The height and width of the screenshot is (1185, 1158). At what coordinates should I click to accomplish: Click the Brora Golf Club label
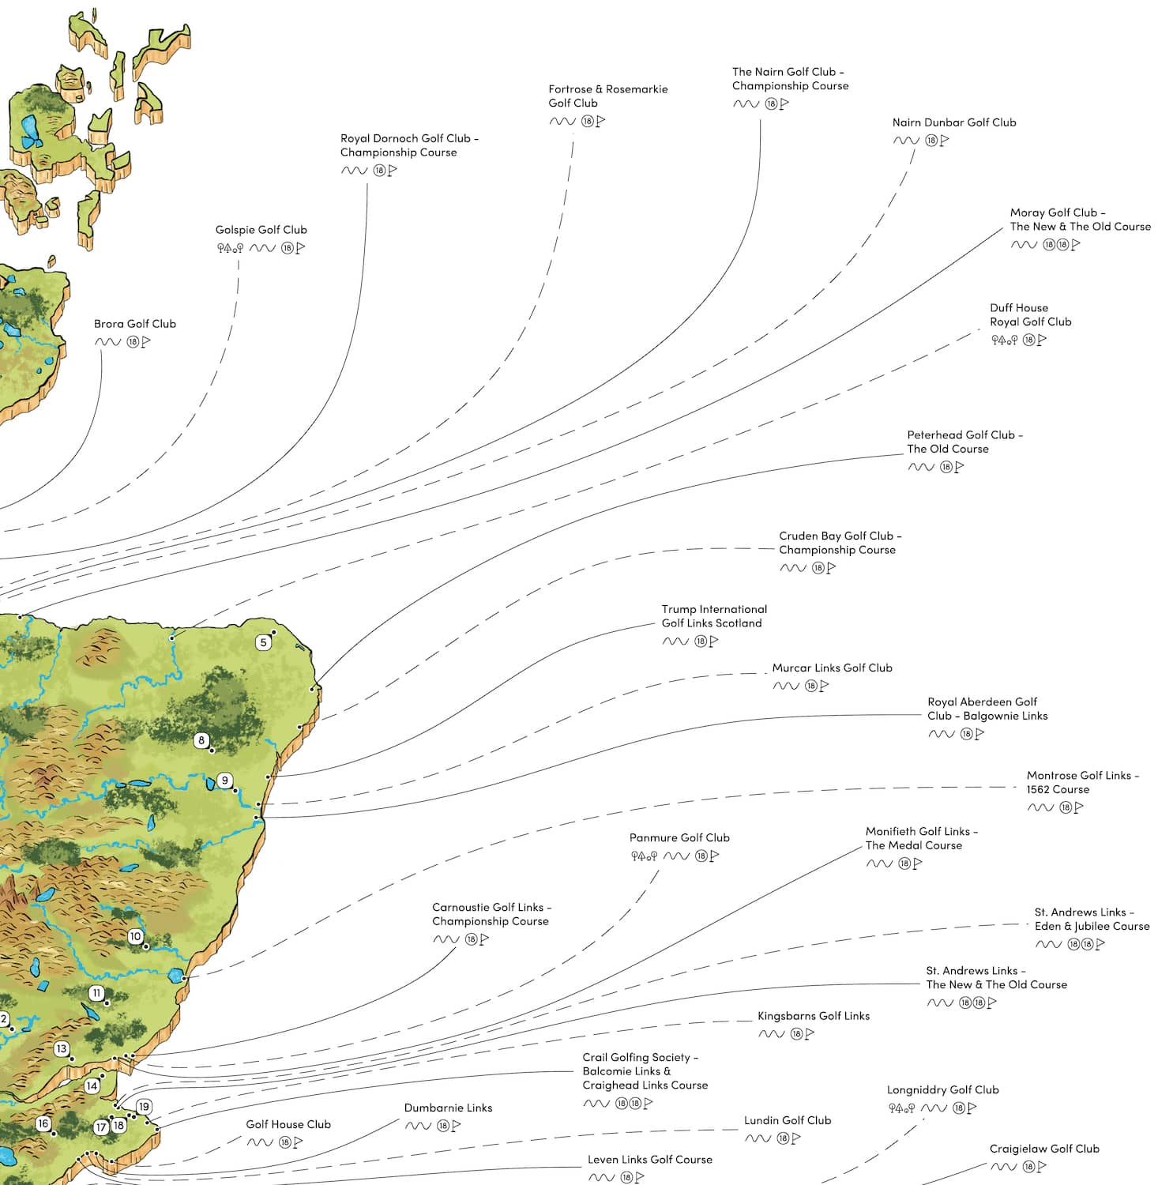135,324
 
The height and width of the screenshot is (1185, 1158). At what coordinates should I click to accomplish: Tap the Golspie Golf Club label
261,230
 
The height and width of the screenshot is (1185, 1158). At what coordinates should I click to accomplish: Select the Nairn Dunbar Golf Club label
953,122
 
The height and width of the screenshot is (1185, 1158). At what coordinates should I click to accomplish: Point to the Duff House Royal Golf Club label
1030,314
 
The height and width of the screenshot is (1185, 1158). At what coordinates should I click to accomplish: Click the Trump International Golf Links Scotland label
713,616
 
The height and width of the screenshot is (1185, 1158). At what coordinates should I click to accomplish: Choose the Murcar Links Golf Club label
832,668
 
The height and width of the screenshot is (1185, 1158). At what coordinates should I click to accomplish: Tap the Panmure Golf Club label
679,837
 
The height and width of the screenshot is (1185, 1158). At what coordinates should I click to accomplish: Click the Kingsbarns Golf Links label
813,1016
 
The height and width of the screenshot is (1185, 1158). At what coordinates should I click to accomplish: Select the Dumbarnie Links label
448,1108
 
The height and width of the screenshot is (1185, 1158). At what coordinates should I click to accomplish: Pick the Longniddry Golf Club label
942,1089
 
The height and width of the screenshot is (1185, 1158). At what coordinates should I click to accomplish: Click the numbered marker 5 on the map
264,642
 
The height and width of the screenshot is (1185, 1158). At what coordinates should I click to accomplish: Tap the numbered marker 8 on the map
201,740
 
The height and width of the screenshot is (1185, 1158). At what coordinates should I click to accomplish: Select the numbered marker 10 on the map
135,936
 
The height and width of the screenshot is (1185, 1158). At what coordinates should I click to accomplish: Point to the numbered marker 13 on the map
61,1049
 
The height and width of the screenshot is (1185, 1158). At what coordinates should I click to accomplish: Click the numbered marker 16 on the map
43,1123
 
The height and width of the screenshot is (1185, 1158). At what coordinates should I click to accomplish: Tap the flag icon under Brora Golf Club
146,342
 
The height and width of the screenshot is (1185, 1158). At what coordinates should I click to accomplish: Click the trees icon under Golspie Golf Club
230,248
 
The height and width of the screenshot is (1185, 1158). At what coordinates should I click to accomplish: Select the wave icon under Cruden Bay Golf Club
792,568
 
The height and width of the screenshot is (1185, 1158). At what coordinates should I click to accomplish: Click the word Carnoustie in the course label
460,907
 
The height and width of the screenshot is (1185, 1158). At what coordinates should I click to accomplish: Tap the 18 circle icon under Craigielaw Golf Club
1029,1167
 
